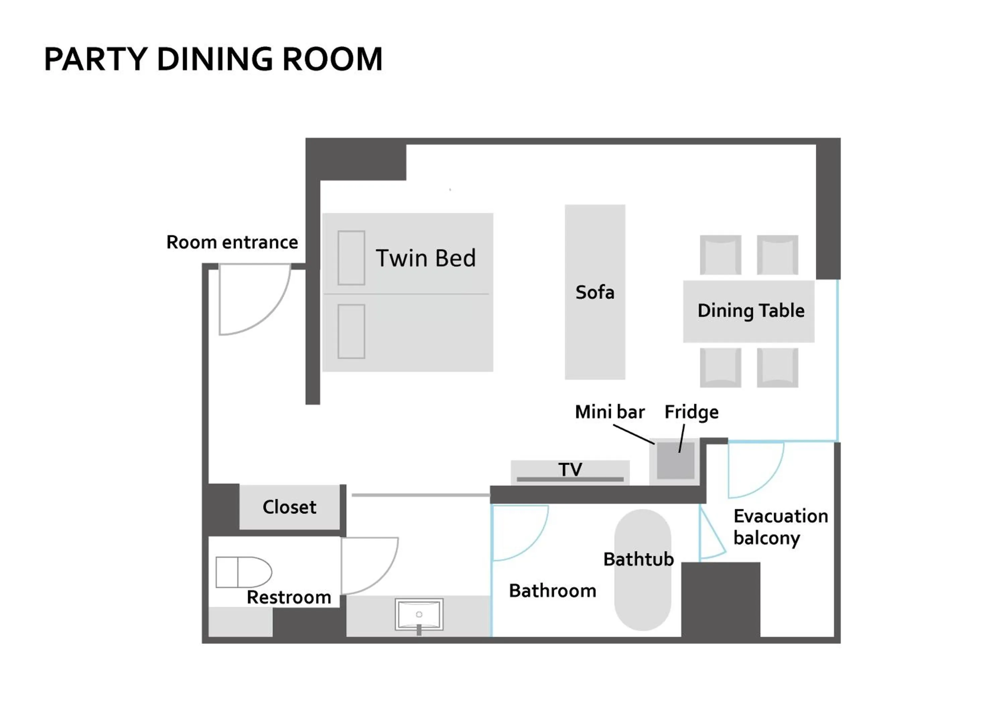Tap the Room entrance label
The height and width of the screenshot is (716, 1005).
pos(232,242)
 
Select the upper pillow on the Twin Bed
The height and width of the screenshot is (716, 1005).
pos(351,258)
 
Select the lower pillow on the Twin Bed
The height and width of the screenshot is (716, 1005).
pos(351,331)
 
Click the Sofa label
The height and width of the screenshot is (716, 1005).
pos(594,292)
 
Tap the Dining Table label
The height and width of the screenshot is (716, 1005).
pos(750,311)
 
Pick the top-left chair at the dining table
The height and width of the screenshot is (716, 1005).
pos(720,255)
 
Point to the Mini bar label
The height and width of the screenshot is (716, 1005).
pos(609,412)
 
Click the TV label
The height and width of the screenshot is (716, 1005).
pos(570,469)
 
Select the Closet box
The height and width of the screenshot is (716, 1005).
pos(289,507)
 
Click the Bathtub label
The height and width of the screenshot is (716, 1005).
pos(638,559)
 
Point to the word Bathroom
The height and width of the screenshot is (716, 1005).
pos(552,591)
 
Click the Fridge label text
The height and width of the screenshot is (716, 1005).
pos(691,412)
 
